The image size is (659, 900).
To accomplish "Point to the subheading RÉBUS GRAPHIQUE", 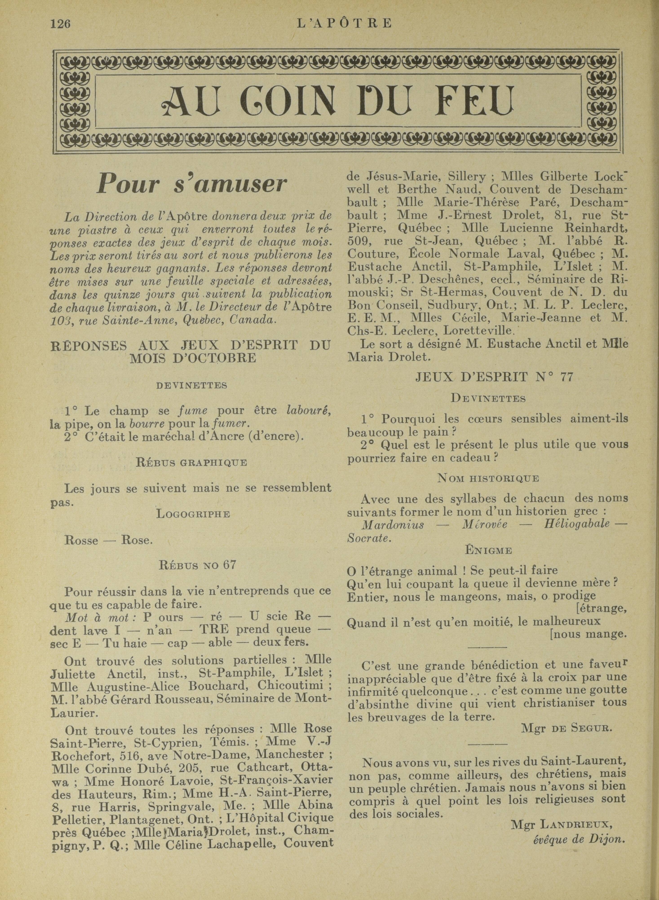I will coord(191,463).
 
